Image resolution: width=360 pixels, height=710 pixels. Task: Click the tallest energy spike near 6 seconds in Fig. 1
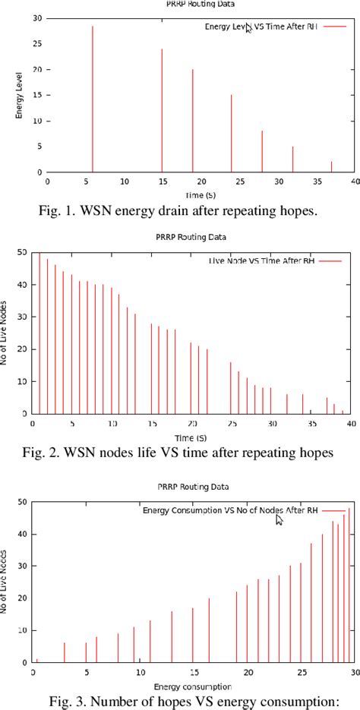coord(93,99)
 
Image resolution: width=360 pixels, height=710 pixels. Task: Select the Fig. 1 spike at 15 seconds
coord(162,110)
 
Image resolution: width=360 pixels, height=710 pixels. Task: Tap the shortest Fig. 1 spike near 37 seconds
coord(331,167)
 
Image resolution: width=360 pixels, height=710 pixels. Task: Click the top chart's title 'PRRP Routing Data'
coord(188,4)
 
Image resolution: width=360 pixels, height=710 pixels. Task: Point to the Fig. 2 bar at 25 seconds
coord(231,387)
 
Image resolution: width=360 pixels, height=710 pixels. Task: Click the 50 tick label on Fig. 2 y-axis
coord(22,252)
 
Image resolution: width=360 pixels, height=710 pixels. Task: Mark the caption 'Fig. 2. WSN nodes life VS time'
coord(180,454)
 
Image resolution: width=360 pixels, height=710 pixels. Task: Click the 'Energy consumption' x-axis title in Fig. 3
coord(193,687)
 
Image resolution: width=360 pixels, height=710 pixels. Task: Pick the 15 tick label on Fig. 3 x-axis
coord(193,674)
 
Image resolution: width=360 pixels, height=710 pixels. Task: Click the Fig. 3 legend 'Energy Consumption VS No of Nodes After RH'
coord(230,510)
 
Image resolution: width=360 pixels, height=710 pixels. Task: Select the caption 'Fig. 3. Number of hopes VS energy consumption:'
coord(180,702)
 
